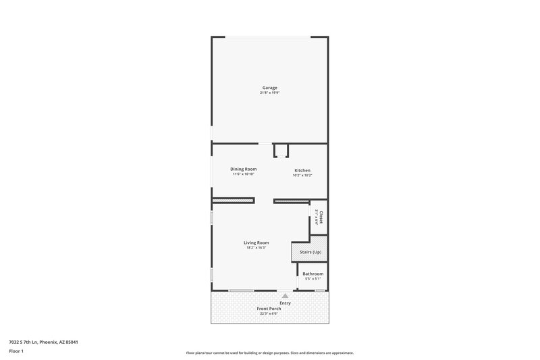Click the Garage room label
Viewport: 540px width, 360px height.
270,87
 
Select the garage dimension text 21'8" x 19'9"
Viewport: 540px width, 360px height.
270,93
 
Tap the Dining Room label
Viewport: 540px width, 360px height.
243,169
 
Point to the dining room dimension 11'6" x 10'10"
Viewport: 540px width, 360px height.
243,174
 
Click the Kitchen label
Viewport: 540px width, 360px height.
302,170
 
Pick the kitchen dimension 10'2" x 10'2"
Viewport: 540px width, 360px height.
302,175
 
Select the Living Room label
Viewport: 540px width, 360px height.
256,242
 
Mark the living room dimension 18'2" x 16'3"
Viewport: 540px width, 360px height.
256,248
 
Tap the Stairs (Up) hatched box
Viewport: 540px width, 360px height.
308,252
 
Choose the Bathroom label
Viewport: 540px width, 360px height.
313,274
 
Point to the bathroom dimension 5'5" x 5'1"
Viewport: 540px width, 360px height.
313,279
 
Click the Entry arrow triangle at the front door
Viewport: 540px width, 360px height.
286,295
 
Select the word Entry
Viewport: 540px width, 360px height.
286,303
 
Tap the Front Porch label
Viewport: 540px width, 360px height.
269,308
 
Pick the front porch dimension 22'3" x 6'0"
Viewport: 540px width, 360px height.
269,313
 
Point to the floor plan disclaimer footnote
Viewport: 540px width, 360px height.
270,353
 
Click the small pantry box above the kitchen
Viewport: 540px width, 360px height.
281,150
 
